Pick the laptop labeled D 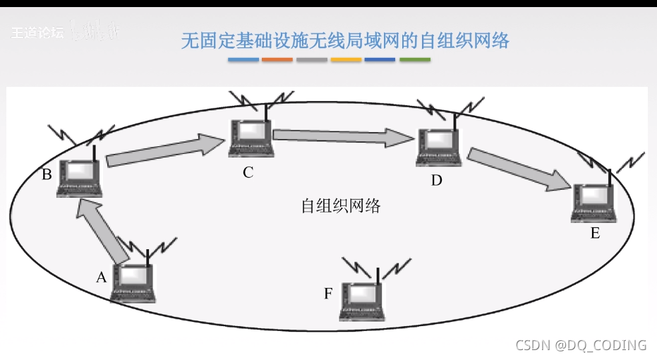coord(439,147)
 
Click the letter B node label coord(47,174)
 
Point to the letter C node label coord(248,172)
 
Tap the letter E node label coord(595,233)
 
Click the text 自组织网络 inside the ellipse coord(341,206)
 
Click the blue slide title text coord(345,40)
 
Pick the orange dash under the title coord(277,60)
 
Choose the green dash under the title coord(415,60)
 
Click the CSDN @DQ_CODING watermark coord(581,345)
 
